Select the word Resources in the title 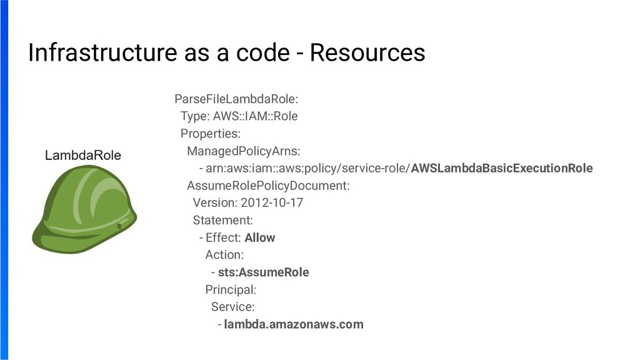367,53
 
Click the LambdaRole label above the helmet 83,156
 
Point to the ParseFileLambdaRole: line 236,99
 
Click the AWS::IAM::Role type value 255,116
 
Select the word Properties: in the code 210,134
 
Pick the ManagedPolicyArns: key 243,151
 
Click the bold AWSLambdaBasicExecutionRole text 502,169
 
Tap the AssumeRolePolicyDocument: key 268,186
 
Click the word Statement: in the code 222,221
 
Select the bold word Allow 259,238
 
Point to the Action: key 224,255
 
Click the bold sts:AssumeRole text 263,272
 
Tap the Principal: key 231,290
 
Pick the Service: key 232,307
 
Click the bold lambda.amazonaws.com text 293,324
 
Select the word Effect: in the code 223,238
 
